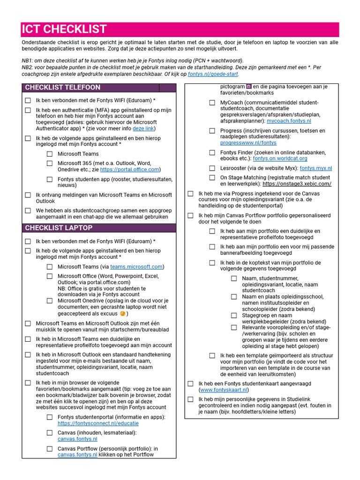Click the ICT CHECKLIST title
[64, 29]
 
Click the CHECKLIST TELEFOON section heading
[62, 88]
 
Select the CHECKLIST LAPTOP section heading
[59, 228]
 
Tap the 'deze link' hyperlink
[143, 128]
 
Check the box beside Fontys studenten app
[49, 179]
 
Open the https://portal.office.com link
[130, 170]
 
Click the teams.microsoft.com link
[136, 267]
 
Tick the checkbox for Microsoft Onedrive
[49, 301]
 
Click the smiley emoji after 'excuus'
[123, 314]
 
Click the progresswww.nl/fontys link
[248, 143]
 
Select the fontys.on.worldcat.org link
[280, 159]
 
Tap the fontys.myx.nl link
[315, 168]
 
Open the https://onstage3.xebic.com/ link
[297, 184]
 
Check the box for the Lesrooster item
[212, 168]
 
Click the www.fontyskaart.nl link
[224, 390]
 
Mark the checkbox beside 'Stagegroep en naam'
[234, 315]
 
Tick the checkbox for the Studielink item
[190, 399]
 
